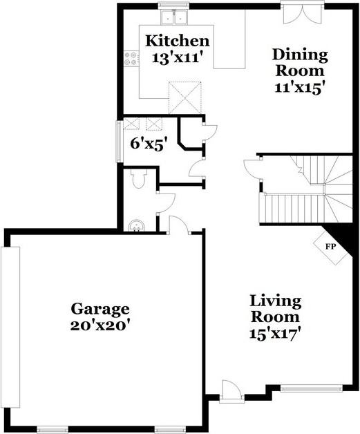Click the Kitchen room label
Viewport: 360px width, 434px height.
coord(178,41)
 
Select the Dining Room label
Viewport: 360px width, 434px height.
coord(300,63)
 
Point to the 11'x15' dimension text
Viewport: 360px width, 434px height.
coord(299,88)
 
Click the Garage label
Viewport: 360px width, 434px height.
coord(100,309)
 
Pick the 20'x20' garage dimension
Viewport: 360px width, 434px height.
coord(100,325)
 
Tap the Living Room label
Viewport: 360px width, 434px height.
coord(275,309)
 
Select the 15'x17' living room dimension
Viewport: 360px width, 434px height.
coord(275,334)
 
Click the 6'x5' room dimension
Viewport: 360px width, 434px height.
coord(149,144)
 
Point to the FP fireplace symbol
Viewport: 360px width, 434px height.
coord(330,247)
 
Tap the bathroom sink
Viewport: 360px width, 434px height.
coord(137,225)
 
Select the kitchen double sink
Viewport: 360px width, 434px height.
coord(173,17)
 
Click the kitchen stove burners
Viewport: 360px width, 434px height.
coord(131,59)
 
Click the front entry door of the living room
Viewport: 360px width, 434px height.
coord(232,391)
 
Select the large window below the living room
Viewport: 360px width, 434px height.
coord(312,389)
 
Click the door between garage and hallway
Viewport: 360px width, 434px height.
coord(180,225)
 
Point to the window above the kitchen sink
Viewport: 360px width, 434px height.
coord(173,5)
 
